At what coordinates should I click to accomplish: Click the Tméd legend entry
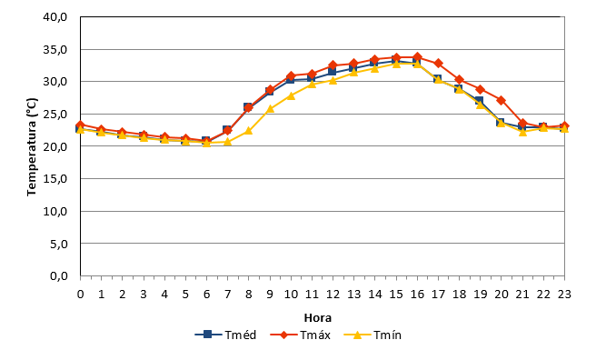[x=225, y=335]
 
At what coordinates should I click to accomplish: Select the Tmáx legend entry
[x=301, y=335]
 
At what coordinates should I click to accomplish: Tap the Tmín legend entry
[x=373, y=335]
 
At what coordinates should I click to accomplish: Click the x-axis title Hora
[x=318, y=317]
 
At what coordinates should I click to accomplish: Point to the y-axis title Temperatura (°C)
[x=32, y=146]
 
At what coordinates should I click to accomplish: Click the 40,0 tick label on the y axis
[x=55, y=17]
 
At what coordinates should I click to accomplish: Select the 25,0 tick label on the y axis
[x=55, y=114]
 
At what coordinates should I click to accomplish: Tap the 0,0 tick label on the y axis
[x=59, y=275]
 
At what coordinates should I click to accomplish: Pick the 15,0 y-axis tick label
[x=55, y=179]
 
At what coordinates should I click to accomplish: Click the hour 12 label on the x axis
[x=333, y=295]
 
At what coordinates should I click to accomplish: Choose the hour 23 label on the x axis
[x=564, y=295]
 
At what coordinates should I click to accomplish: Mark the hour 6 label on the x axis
[x=206, y=295]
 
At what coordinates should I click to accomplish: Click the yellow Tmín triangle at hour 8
[x=248, y=131]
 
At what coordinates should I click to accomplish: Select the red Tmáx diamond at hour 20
[x=501, y=100]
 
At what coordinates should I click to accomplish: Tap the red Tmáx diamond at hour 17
[x=438, y=64]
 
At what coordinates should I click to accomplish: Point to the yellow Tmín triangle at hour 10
[x=291, y=95]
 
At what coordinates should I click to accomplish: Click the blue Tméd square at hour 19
[x=480, y=101]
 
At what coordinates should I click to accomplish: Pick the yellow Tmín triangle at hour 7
[x=227, y=142]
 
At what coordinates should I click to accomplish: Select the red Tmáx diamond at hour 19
[x=480, y=89]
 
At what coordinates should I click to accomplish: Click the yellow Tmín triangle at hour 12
[x=333, y=80]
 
